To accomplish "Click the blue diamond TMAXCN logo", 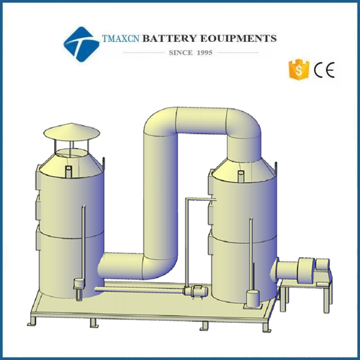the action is point(82,45).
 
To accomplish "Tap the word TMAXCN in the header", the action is point(121,39).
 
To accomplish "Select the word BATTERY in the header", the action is point(170,39).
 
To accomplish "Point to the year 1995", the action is point(205,52).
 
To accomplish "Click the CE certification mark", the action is point(324,70).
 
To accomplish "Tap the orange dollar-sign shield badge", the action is point(298,69).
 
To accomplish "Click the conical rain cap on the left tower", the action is point(72,132).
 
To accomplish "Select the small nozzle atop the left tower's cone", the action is point(69,171).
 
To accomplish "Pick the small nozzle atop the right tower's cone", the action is point(241,176).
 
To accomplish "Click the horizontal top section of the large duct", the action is point(202,121).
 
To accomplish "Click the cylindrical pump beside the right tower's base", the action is point(253,298).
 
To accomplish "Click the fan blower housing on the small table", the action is point(306,271).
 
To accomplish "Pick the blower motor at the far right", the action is point(323,264).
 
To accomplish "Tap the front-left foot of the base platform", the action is point(32,321).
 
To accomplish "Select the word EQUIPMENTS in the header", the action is point(238,39).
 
